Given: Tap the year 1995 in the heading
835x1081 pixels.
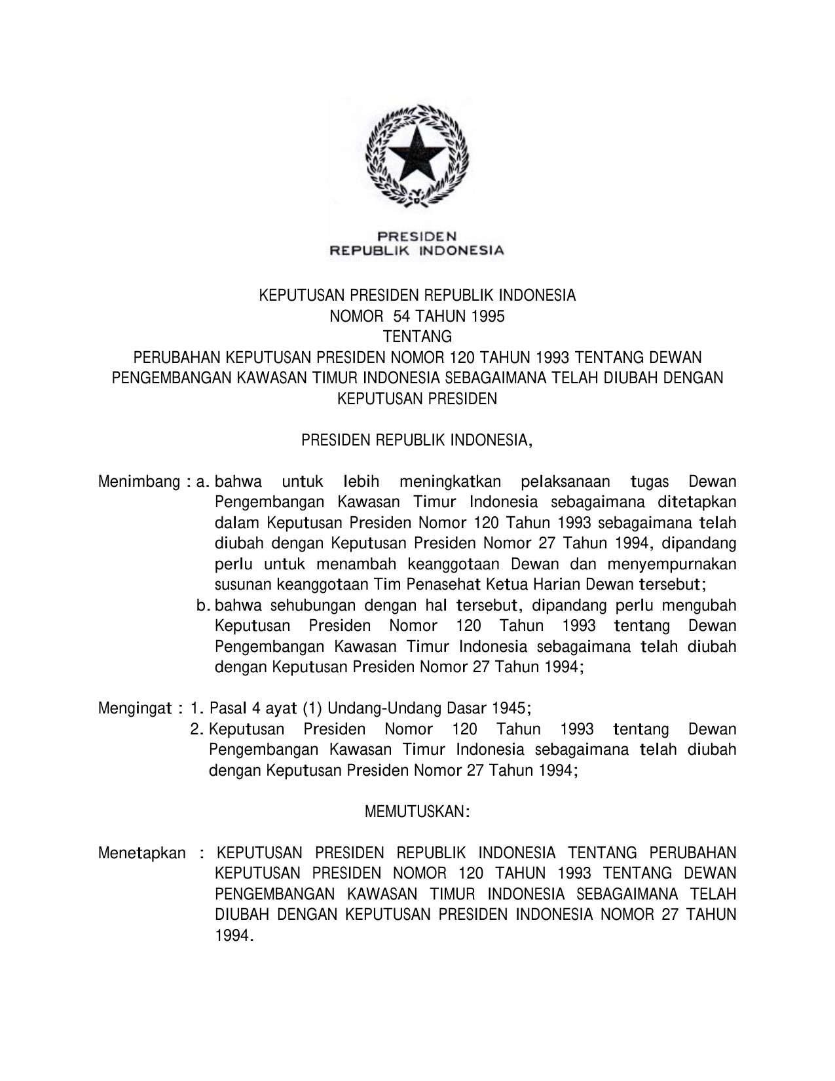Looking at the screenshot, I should tap(487, 316).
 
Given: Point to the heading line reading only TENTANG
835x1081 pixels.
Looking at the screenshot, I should tap(417, 337).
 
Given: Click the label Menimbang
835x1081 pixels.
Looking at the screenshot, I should tap(139, 482).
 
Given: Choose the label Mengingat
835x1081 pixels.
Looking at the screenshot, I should tap(136, 708).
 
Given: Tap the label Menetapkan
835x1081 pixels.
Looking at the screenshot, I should tap(142, 853).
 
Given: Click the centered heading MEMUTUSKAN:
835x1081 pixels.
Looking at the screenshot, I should tap(417, 812).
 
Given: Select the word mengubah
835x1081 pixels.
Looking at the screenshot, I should tap(699, 605).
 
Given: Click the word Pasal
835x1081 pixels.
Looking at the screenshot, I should tap(226, 708).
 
